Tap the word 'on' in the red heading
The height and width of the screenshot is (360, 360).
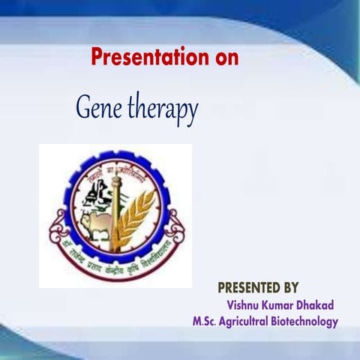click(x=224, y=57)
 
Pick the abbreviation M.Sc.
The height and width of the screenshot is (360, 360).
click(x=208, y=322)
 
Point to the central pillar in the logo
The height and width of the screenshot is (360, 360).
click(x=116, y=210)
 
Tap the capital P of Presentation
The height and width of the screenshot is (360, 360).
click(x=97, y=57)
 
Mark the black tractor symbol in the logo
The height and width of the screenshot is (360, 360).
click(x=98, y=196)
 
